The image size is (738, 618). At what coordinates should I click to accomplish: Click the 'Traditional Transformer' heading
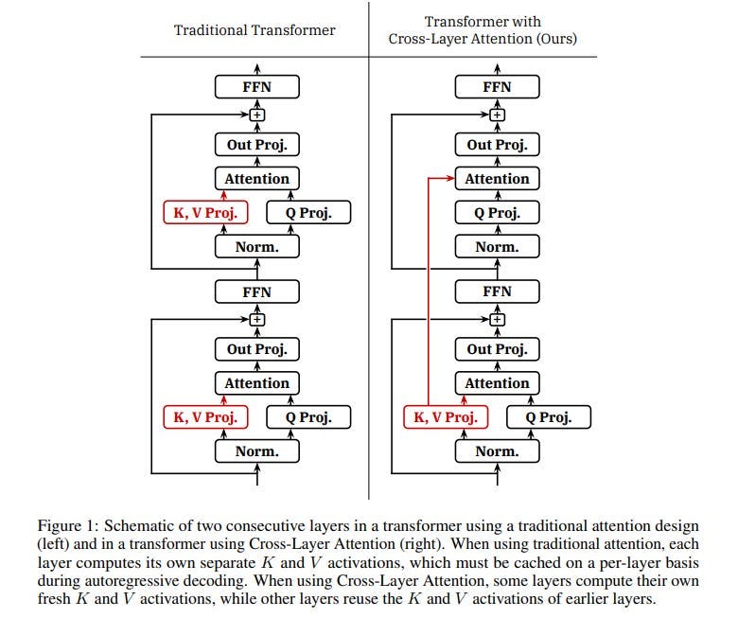click(x=255, y=29)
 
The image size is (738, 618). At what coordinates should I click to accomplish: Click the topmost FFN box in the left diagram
click(x=256, y=87)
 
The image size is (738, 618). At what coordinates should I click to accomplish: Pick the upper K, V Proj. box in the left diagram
click(x=204, y=213)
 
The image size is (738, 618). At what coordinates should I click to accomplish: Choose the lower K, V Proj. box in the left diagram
click(x=204, y=417)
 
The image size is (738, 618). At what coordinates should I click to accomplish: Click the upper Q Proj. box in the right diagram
click(x=497, y=213)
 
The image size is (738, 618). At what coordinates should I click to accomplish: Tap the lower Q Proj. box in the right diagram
click(x=549, y=417)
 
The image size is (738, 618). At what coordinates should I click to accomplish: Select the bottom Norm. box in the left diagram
click(x=256, y=451)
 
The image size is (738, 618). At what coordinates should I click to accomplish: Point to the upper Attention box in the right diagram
click(x=497, y=179)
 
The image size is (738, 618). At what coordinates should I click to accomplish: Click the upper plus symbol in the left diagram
click(x=256, y=115)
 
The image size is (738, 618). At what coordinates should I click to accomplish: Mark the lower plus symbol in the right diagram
click(x=497, y=320)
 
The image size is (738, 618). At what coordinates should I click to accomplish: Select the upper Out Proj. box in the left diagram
click(x=256, y=145)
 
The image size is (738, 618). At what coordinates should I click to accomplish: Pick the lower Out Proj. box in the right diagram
click(x=497, y=349)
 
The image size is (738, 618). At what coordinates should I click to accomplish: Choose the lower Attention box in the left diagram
click(x=256, y=383)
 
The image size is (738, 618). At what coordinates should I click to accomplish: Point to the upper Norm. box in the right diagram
click(x=497, y=247)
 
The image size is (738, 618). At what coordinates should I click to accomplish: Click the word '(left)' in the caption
click(x=55, y=545)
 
